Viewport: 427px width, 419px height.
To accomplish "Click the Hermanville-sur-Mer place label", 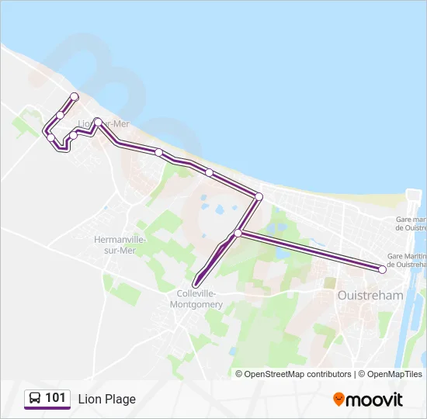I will click(x=115, y=244).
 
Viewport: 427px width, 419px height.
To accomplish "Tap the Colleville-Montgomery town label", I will click(x=200, y=299).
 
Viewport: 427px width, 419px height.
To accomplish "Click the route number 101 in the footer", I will click(x=55, y=398).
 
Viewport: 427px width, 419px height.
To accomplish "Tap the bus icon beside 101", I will click(x=35, y=399).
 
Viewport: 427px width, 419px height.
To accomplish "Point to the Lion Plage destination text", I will click(x=106, y=399).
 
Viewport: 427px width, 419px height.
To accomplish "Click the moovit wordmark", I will click(x=375, y=399).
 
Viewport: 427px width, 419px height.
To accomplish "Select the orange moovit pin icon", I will click(x=338, y=399).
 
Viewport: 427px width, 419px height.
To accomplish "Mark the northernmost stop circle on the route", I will click(x=75, y=96).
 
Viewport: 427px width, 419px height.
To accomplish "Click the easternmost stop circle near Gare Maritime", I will click(x=382, y=269).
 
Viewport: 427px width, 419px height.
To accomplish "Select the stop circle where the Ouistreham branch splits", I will click(x=238, y=233).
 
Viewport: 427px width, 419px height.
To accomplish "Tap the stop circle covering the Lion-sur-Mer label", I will click(x=99, y=121).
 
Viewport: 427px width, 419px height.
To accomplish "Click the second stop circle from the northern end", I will click(x=60, y=115).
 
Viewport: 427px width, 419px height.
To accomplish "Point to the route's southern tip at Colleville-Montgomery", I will click(x=195, y=284).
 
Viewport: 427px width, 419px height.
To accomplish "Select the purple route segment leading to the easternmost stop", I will click(x=311, y=251).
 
